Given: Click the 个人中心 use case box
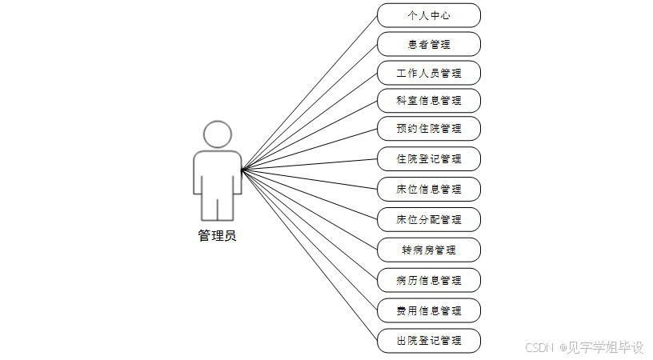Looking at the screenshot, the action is tap(429, 15).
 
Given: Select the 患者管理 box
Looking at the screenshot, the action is tap(429, 45).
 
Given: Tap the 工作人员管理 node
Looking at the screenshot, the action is tap(429, 73).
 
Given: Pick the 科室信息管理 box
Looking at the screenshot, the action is tap(429, 101).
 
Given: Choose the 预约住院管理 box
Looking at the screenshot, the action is tap(429, 129).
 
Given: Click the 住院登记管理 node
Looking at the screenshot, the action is tap(429, 158).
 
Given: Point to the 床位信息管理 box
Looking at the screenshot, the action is tap(429, 189).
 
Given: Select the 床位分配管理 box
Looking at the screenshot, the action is tap(429, 219).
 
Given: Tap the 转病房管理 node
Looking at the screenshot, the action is tap(429, 250).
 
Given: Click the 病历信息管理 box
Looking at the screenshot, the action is tap(429, 280).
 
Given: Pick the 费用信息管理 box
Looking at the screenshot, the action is tap(429, 310).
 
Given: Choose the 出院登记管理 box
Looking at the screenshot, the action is tap(429, 340).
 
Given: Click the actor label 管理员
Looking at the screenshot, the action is tap(217, 236).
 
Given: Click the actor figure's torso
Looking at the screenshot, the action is tap(217, 172).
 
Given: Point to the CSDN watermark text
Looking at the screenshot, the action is tap(540, 347).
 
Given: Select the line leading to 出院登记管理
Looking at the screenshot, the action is tap(310, 254).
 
